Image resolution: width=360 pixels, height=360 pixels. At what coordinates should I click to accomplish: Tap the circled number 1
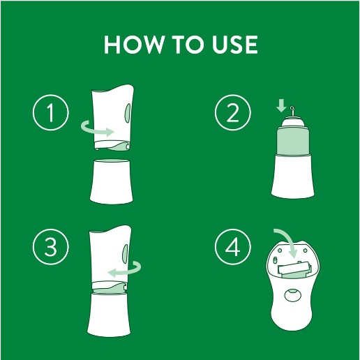[51, 112]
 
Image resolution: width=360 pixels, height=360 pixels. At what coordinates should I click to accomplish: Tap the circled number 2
[233, 112]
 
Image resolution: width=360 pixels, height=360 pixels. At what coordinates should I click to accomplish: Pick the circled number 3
[51, 246]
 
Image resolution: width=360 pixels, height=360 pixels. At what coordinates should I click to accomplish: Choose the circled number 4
[233, 246]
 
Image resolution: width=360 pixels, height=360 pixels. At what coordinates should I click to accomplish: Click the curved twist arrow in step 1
[93, 130]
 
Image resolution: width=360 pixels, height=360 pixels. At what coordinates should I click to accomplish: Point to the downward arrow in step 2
[281, 105]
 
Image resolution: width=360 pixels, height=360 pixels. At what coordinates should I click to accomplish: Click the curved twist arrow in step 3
[130, 273]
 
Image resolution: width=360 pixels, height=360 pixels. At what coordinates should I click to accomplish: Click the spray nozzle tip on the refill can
[292, 108]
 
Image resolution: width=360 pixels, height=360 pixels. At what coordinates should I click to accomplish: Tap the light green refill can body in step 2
[293, 142]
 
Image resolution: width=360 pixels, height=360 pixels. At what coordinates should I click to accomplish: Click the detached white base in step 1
[111, 181]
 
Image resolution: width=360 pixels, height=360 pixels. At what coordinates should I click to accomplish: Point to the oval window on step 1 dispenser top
[128, 113]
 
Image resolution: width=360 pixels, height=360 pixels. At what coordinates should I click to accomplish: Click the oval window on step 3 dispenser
[126, 253]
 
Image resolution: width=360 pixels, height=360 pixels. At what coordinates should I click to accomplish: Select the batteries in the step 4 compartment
[294, 269]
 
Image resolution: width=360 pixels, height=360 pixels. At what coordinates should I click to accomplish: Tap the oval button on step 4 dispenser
[293, 296]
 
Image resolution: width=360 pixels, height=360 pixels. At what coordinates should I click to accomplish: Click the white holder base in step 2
[293, 176]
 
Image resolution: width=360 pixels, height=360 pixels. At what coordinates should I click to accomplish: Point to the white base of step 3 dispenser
[108, 315]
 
